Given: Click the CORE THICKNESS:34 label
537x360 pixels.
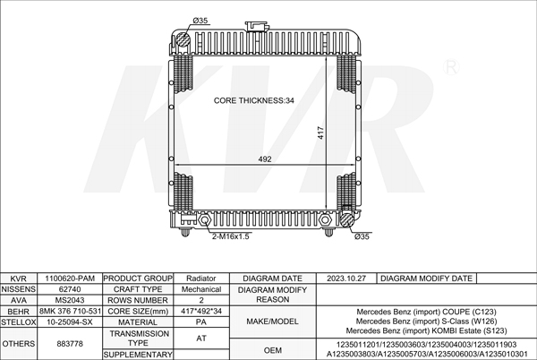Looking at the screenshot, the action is coord(254,100).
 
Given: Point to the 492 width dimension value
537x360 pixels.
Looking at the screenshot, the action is coord(265,159).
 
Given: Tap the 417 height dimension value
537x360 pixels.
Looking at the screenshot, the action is coord(320,133).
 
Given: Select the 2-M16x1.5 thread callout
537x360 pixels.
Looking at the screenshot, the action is coord(231,236).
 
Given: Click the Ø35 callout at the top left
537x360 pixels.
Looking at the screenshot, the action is coord(200,21).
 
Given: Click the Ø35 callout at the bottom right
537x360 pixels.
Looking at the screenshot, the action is coord(362,236).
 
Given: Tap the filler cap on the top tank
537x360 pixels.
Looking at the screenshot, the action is coord(256,26).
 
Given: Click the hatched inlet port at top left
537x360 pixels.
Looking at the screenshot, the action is coord(183,39).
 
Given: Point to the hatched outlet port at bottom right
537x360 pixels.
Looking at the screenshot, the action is coord(346,220).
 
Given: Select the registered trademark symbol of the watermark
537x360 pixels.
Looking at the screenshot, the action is coord(451,67).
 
